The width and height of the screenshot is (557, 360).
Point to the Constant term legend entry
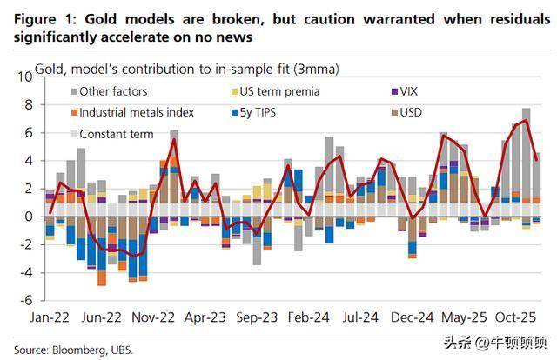click(116, 134)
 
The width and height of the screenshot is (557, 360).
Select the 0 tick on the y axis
click(28, 217)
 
